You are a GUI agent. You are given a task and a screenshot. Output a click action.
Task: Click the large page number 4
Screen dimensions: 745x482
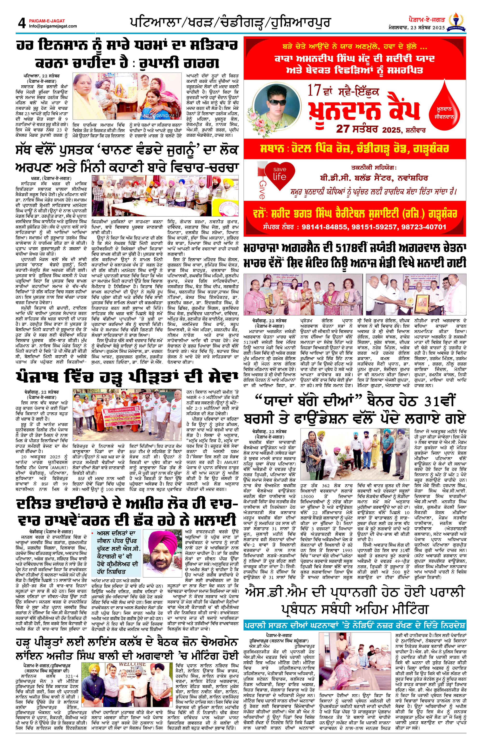click(22, 23)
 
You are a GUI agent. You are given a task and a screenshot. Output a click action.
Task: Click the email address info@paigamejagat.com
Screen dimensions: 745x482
click(53, 26)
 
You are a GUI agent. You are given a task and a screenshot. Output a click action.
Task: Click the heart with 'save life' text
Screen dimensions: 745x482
click(280, 174)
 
